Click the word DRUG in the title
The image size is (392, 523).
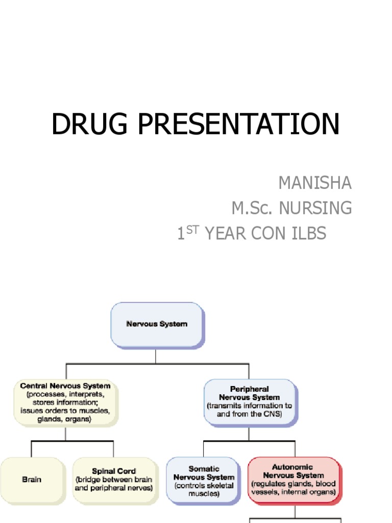click(87, 124)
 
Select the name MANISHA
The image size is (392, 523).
click(315, 182)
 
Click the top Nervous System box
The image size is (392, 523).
click(157, 324)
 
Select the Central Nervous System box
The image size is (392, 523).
click(65, 402)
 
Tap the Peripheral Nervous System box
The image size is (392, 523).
click(249, 401)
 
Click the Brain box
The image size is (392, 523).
click(32, 480)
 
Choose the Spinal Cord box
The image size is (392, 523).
click(114, 480)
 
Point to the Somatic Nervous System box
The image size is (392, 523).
click(204, 481)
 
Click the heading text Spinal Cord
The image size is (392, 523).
click(114, 471)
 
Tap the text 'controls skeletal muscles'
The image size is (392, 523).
click(204, 489)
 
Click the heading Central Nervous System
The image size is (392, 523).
click(65, 386)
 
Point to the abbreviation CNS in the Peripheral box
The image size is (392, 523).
click(271, 414)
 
